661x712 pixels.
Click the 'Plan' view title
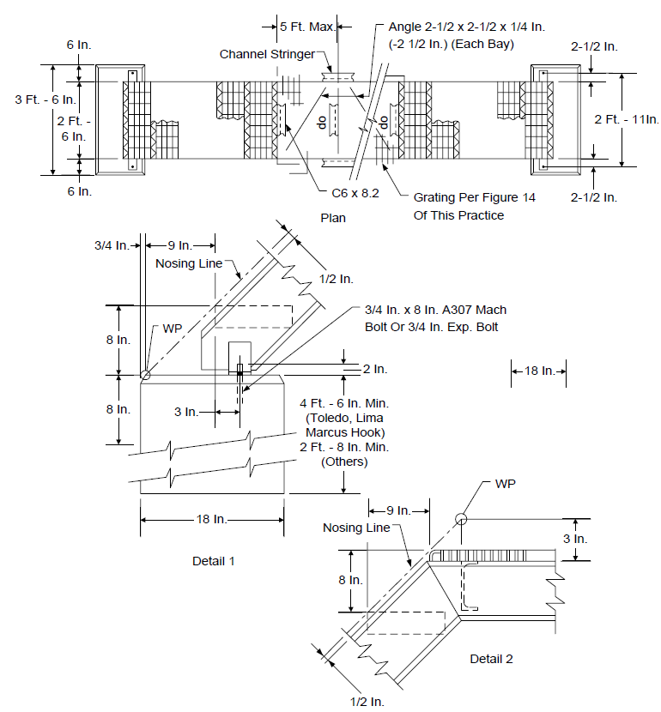[333, 218]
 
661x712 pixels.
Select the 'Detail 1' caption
[213, 561]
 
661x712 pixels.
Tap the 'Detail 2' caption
[491, 659]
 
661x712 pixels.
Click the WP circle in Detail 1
[145, 375]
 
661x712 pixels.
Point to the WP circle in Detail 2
[461, 519]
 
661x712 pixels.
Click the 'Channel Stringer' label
[267, 54]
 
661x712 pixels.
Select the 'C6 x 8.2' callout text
[355, 193]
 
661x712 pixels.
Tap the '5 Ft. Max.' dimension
[307, 27]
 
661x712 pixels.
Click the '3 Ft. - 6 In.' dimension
[45, 100]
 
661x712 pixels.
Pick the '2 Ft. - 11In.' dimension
[627, 119]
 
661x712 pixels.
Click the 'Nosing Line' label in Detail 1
[189, 263]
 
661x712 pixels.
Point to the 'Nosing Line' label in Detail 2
[356, 528]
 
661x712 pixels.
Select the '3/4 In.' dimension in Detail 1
[112, 245]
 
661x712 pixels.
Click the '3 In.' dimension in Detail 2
[575, 539]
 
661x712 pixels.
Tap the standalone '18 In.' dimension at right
[540, 371]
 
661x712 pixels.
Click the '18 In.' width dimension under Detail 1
[211, 519]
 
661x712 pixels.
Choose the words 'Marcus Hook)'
[345, 432]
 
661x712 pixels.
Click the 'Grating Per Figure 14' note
[474, 197]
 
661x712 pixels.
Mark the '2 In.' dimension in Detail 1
[375, 369]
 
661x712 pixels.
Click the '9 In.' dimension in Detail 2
[398, 511]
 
